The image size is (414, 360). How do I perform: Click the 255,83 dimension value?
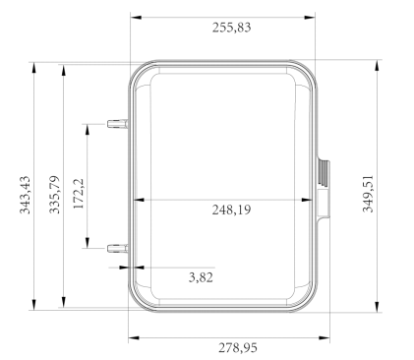pyautogui.click(x=231, y=28)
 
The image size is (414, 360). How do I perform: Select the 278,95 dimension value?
pyautogui.click(x=238, y=348)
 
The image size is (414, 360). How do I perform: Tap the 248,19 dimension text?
pyautogui.click(x=231, y=210)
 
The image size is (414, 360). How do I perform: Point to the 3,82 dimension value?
pyautogui.click(x=201, y=277)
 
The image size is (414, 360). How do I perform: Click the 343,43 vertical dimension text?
pyautogui.click(x=25, y=195)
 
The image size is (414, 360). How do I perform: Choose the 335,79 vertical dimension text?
pyautogui.click(x=54, y=195)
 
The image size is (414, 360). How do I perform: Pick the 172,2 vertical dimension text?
pyautogui.click(x=79, y=194)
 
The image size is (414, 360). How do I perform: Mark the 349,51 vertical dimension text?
pyautogui.click(x=368, y=194)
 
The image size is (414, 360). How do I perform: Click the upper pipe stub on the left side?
pyautogui.click(x=117, y=124)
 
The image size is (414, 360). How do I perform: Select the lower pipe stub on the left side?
pyautogui.click(x=117, y=249)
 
